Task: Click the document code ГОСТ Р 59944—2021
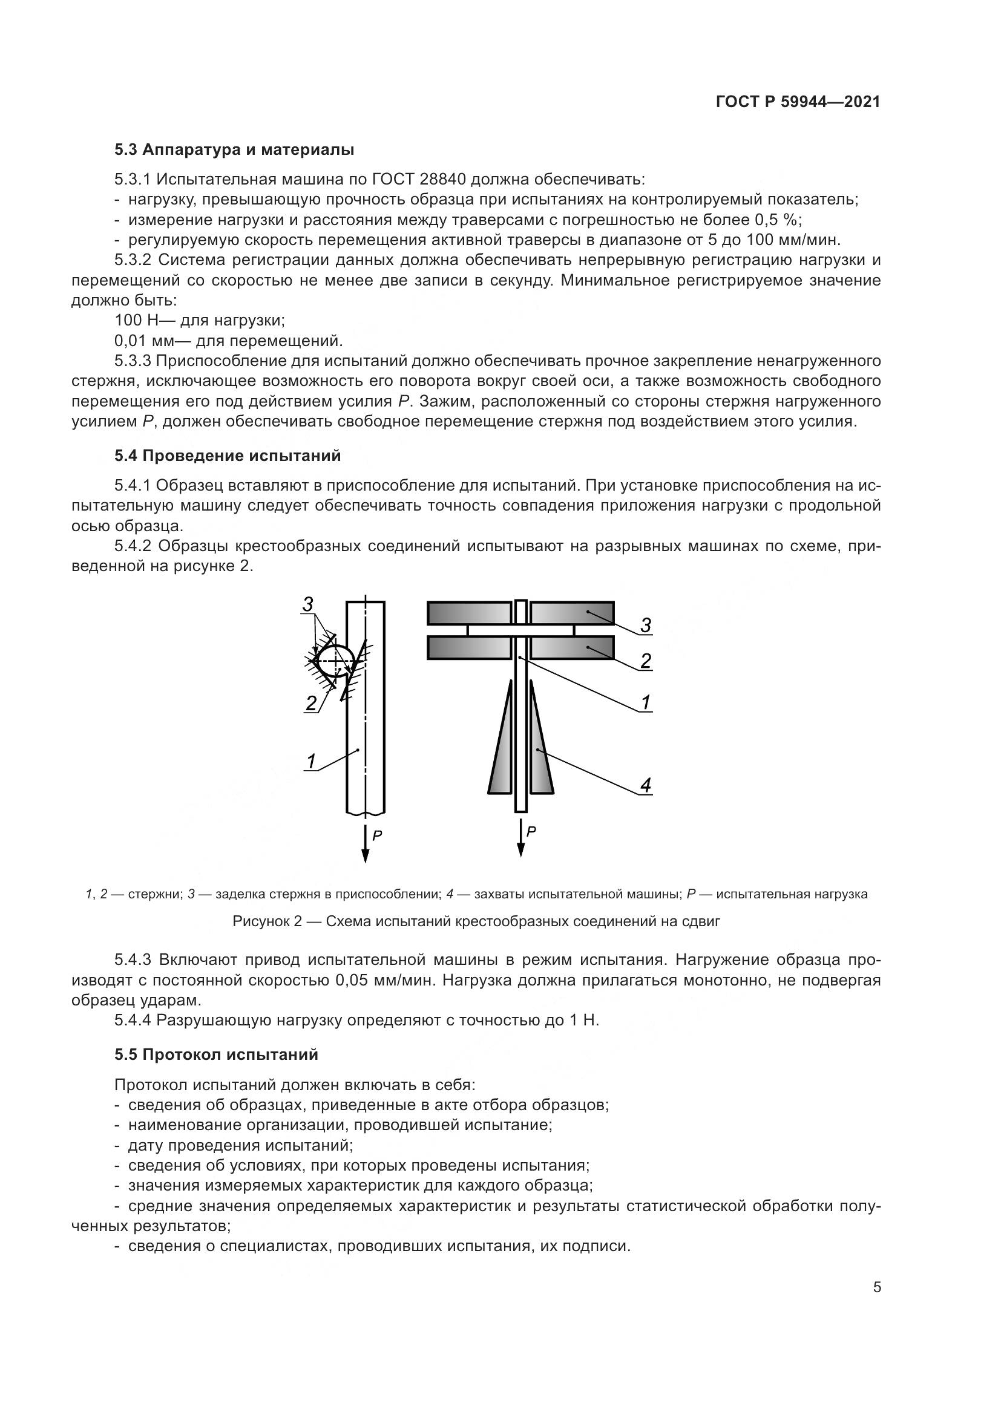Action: (798, 102)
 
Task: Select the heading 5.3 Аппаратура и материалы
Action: (234, 150)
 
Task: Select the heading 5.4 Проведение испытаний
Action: (228, 456)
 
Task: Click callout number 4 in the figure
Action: (645, 785)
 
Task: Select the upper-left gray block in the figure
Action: (468, 613)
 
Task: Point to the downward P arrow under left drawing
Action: (366, 845)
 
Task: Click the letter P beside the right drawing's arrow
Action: (531, 831)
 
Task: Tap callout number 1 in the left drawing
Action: (311, 762)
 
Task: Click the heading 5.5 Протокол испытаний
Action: (216, 1054)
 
